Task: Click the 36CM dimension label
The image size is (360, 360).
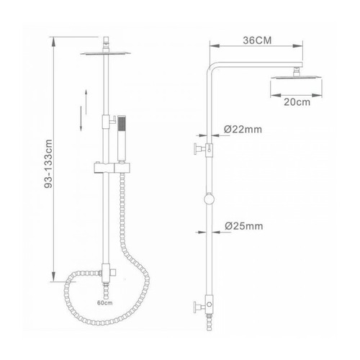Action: (257, 40)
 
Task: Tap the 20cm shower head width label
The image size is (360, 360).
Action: (297, 102)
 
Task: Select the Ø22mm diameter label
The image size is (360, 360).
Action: (243, 130)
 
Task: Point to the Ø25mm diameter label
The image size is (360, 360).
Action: (243, 226)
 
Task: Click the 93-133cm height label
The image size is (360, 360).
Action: (48, 163)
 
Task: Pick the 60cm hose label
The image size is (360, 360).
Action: (105, 302)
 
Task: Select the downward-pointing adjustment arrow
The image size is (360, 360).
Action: (81, 119)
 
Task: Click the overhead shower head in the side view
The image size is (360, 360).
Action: (296, 77)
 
